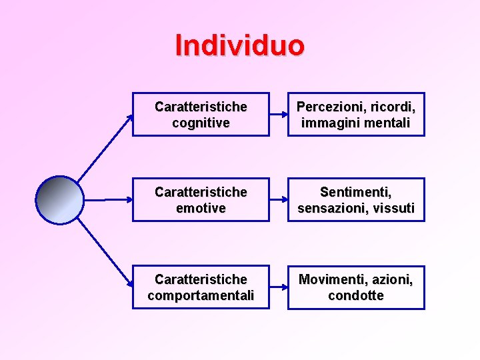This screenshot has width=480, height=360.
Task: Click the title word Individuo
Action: coord(239,45)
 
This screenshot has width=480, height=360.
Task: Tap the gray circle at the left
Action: coord(59,200)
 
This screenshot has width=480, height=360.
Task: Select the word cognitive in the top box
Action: coord(201,123)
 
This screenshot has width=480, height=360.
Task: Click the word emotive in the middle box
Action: coord(201,209)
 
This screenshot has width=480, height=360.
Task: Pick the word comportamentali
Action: coord(201,295)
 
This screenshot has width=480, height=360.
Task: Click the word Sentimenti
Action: coord(355,192)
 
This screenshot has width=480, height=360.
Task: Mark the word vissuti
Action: coord(394,209)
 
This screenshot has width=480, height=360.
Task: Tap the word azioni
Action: coord(393,279)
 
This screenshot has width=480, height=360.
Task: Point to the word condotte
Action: coord(355,295)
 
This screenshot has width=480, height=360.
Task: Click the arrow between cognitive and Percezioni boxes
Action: coord(278,114)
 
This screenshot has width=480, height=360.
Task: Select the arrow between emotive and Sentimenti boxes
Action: coord(278,199)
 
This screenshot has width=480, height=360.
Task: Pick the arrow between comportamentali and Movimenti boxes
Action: coord(278,287)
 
